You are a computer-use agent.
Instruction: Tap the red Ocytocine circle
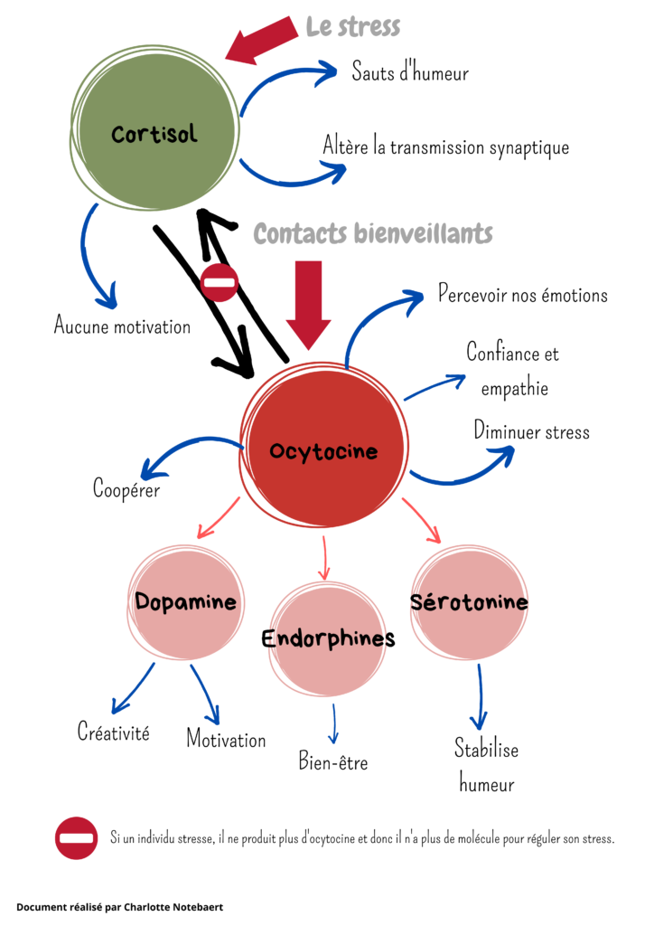[x=323, y=450]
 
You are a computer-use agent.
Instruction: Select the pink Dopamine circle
[x=186, y=602]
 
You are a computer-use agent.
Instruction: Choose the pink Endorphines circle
[x=328, y=638]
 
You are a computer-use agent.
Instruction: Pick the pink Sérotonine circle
[x=469, y=602]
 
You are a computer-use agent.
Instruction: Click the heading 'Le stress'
[x=353, y=26]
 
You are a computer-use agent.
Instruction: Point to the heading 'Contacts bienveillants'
[x=373, y=233]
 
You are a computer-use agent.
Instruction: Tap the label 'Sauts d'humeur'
[x=410, y=72]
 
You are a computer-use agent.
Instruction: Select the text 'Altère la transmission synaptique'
[x=446, y=146]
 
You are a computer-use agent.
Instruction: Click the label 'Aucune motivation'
[x=122, y=326]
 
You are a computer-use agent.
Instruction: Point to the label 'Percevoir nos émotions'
[x=523, y=295]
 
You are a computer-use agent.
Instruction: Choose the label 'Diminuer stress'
[x=531, y=430]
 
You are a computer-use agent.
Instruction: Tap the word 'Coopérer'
[x=126, y=489]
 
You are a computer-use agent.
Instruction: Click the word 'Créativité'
[x=113, y=732]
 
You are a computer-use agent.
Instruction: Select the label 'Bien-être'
[x=333, y=761]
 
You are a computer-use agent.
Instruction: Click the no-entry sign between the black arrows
[x=219, y=283]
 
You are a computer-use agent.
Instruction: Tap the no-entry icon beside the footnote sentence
[x=76, y=838]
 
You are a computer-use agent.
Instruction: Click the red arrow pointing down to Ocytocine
[x=310, y=304]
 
